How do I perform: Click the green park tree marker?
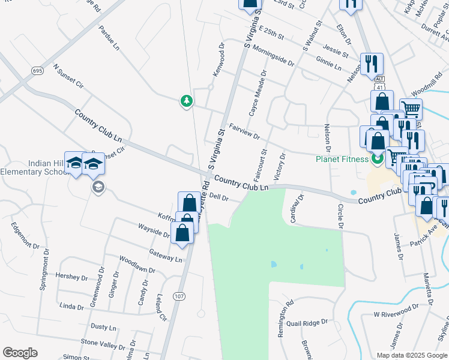[x=187, y=101]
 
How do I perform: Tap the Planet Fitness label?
[x=343, y=159]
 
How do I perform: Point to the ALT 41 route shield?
[x=379, y=82]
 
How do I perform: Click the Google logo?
[x=20, y=353]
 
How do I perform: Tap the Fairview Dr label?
[x=245, y=131]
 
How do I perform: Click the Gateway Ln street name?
[x=165, y=256]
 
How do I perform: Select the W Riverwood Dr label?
[x=396, y=313]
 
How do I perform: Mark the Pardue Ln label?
[x=112, y=37]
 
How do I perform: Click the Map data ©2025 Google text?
[x=411, y=355]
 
